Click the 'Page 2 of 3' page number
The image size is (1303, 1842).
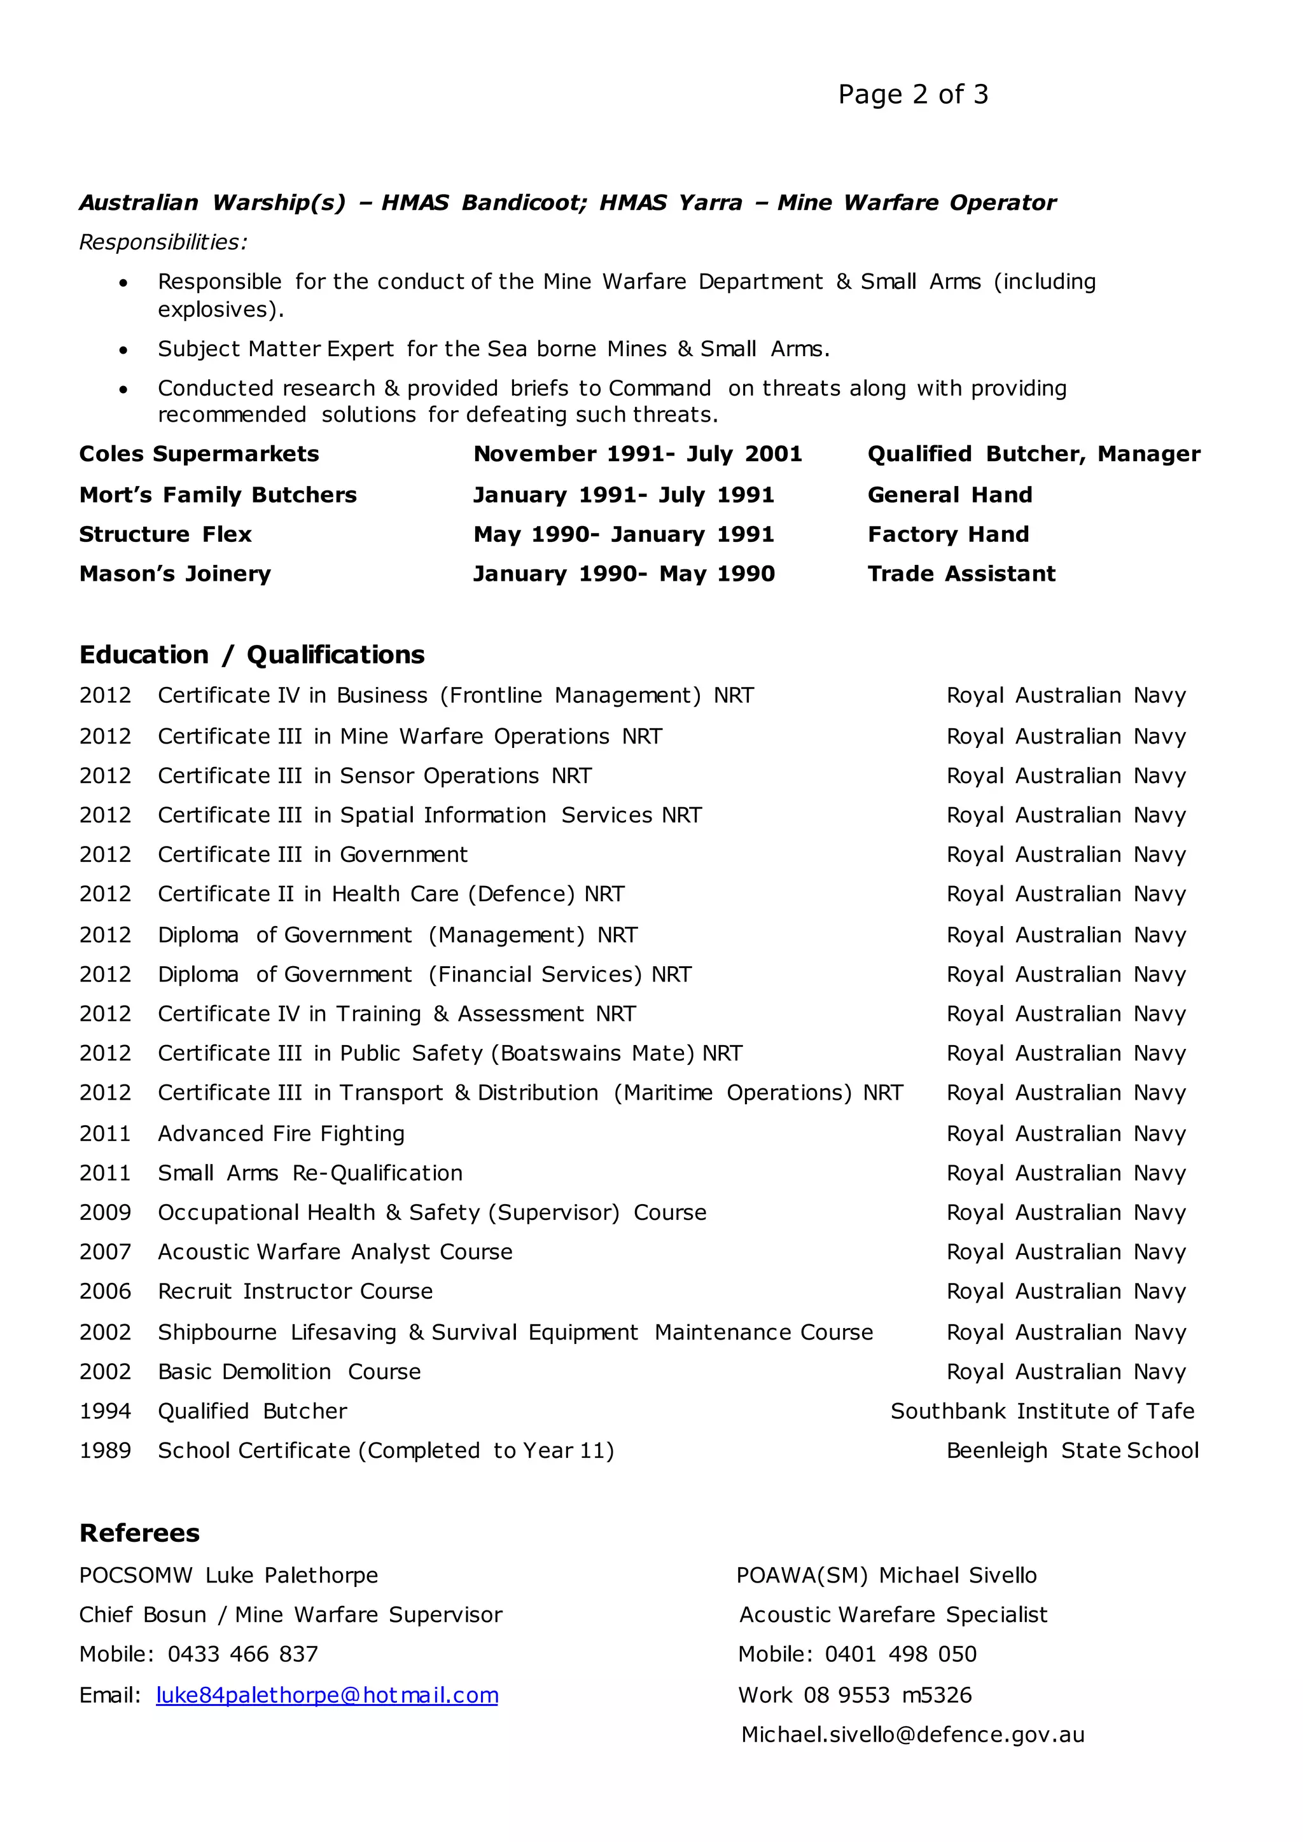pyautogui.click(x=912, y=95)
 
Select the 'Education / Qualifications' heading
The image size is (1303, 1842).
pyautogui.click(x=252, y=654)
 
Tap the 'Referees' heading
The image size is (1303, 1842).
pyautogui.click(x=139, y=1532)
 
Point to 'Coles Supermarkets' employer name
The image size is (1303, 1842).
pyautogui.click(x=199, y=454)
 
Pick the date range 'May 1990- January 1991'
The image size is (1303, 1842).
pyautogui.click(x=624, y=534)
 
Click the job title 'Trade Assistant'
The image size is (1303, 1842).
pyautogui.click(x=961, y=574)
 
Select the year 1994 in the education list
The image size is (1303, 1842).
pyautogui.click(x=105, y=1411)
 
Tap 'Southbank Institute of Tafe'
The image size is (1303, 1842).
pyautogui.click(x=1042, y=1411)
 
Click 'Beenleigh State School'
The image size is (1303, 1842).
pyautogui.click(x=1072, y=1450)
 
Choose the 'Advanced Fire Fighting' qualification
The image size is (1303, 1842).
pyautogui.click(x=281, y=1133)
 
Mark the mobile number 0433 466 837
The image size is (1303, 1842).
pyautogui.click(x=242, y=1654)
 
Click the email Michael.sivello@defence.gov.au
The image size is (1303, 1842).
pyautogui.click(x=912, y=1735)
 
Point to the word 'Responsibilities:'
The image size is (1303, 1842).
pyautogui.click(x=164, y=242)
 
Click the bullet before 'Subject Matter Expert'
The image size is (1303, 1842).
pyautogui.click(x=123, y=350)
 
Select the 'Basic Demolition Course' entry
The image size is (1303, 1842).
pyautogui.click(x=289, y=1372)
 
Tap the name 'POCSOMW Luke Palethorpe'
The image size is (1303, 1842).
pyautogui.click(x=228, y=1575)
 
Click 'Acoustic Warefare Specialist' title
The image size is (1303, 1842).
pyautogui.click(x=893, y=1614)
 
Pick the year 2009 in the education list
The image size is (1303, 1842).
pyautogui.click(x=105, y=1212)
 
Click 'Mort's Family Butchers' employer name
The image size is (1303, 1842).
pyautogui.click(x=218, y=495)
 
